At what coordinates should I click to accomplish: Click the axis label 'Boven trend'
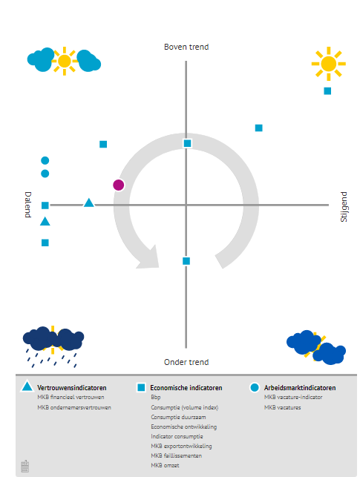(186, 47)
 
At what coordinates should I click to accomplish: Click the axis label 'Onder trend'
(186, 362)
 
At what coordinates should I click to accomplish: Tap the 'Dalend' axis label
(27, 205)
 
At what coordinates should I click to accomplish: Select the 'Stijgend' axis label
(344, 205)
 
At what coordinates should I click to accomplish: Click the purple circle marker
(119, 185)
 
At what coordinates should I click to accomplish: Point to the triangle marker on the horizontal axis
(89, 203)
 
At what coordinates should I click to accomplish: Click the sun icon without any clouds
(328, 64)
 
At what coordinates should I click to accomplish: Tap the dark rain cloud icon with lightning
(53, 342)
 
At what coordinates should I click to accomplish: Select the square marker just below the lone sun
(327, 91)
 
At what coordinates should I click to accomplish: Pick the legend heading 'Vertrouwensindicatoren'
(71, 388)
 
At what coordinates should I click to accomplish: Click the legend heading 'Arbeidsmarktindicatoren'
(300, 388)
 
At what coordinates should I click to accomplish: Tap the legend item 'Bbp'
(156, 398)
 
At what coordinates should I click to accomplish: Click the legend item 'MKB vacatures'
(283, 407)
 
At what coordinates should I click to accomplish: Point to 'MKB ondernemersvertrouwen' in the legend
(73, 407)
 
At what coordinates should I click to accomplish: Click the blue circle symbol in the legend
(255, 387)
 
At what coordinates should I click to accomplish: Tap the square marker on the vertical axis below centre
(186, 260)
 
